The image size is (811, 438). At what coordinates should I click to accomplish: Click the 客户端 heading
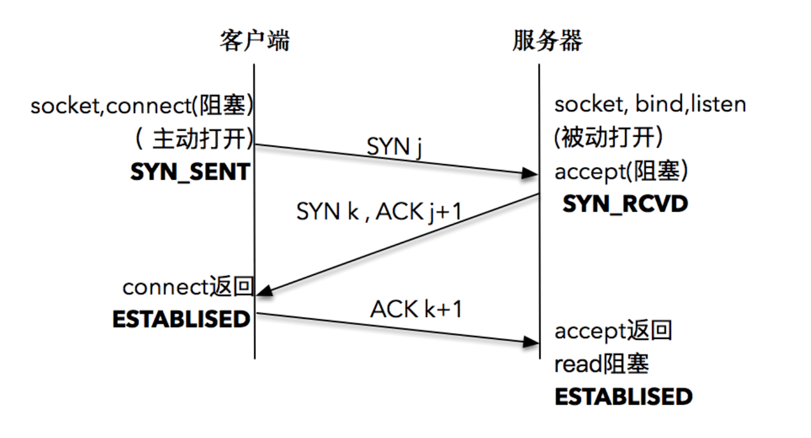point(254,42)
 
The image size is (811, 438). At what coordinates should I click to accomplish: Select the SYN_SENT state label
point(190,172)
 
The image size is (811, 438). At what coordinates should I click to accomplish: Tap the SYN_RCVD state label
point(625,204)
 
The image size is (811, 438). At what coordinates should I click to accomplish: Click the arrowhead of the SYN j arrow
point(530,173)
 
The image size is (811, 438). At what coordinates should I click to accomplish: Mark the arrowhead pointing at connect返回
point(265,292)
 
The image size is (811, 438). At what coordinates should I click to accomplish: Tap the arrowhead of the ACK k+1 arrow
point(530,342)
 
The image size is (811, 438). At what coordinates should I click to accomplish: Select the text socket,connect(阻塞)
point(142,106)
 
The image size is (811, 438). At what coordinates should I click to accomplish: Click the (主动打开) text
point(192,139)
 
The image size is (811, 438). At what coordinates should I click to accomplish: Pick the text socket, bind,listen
point(650,105)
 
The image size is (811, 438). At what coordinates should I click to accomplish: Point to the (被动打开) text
point(609,138)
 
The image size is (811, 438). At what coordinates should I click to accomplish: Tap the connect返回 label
point(187,287)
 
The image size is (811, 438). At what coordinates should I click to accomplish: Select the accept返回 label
point(613,331)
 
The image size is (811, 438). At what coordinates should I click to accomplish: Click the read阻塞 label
point(601,364)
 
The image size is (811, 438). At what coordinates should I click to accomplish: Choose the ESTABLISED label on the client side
point(182,319)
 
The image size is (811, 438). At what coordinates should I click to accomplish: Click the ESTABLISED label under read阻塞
point(624,397)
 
